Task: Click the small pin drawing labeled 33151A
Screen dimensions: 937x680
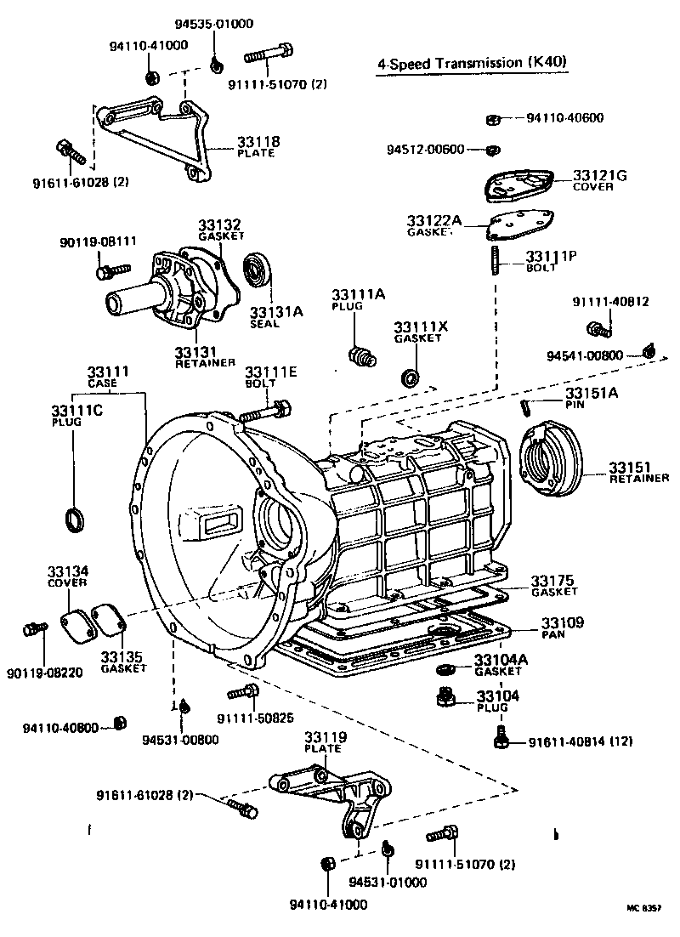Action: point(527,407)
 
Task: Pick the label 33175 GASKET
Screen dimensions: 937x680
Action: point(554,581)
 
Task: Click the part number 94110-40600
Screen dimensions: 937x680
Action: point(564,118)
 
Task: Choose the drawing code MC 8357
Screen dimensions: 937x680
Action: point(643,907)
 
